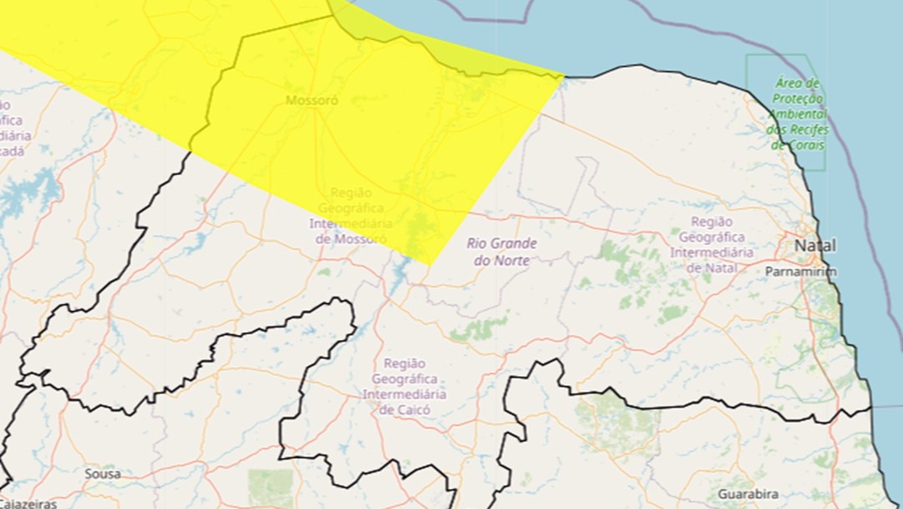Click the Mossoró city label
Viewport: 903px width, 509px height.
(312, 101)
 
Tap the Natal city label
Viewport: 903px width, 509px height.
(814, 246)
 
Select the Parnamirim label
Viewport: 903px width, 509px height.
(800, 272)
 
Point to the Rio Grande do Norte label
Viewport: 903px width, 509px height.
(502, 252)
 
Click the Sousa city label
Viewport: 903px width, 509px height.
(102, 474)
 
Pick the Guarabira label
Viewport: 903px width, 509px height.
(747, 494)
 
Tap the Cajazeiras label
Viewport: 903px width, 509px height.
(28, 504)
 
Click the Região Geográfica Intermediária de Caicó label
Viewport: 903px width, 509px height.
(410, 387)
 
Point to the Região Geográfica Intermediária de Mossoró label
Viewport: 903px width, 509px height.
(350, 216)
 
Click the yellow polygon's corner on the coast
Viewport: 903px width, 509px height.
(564, 76)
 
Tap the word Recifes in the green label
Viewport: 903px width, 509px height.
(807, 130)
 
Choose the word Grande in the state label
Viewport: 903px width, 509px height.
(514, 244)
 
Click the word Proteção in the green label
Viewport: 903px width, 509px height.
(797, 99)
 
